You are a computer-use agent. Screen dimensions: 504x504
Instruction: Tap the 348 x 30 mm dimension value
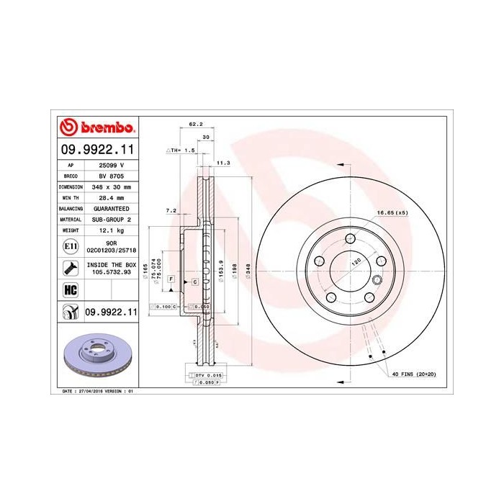click(111, 186)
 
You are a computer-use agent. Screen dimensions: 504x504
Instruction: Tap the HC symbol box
click(70, 289)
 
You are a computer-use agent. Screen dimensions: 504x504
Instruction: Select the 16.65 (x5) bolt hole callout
click(392, 213)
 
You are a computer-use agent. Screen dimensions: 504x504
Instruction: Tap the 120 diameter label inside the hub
click(354, 264)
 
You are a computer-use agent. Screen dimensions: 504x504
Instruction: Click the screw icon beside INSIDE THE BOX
click(70, 269)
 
